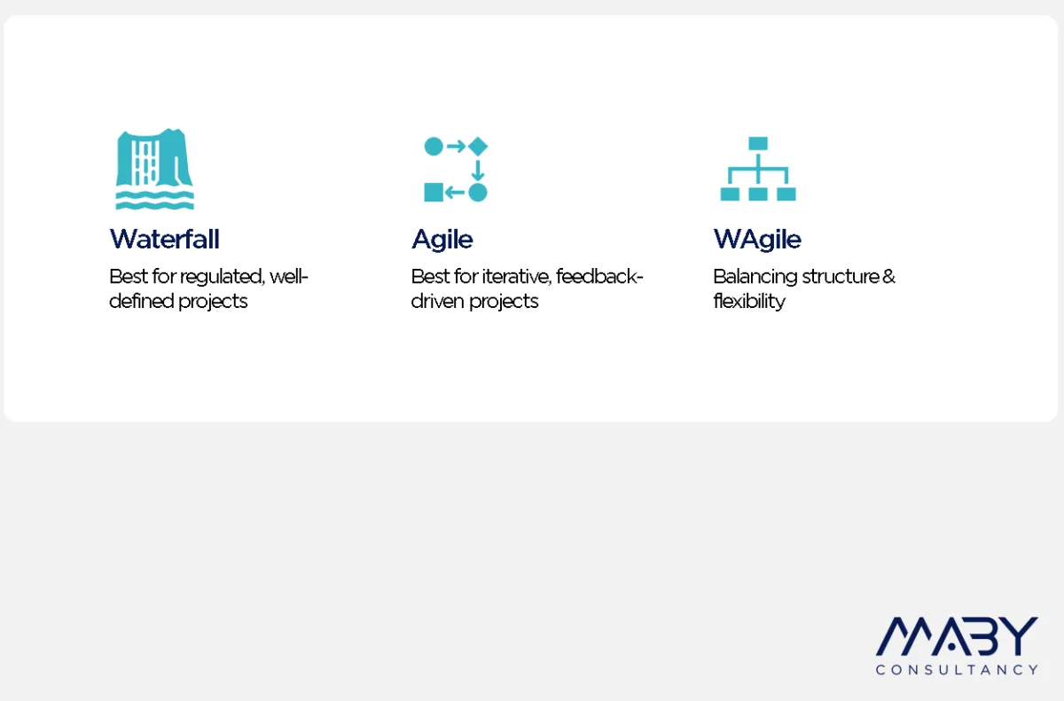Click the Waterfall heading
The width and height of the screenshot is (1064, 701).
pos(164,239)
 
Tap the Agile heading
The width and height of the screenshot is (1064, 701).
pos(442,239)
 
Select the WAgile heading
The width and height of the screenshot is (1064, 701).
pos(757,239)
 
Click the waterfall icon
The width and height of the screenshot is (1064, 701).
pos(155,169)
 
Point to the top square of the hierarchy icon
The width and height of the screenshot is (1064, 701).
pos(758,143)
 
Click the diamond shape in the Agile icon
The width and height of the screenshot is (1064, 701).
pos(478,146)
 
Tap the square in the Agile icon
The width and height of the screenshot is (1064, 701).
pos(434,193)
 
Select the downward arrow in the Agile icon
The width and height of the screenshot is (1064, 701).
pos(478,170)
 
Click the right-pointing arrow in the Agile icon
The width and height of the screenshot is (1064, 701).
pos(456,146)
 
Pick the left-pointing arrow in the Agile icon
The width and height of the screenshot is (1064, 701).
pos(455,193)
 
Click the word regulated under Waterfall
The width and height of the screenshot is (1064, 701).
pos(222,277)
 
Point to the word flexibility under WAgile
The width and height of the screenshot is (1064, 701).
pos(749,302)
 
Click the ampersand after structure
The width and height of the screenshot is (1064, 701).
pos(888,277)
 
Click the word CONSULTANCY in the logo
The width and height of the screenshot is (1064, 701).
pos(957,670)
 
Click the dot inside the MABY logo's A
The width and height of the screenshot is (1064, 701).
pos(951,646)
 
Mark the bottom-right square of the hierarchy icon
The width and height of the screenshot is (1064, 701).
pos(786,194)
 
